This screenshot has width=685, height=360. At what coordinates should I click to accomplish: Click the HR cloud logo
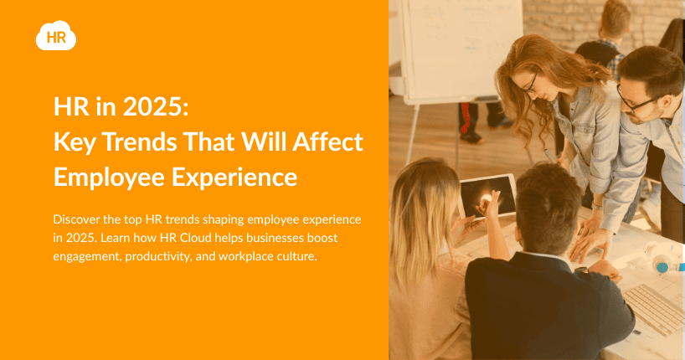coord(56,36)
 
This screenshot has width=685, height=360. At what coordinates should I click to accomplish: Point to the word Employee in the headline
coord(109,177)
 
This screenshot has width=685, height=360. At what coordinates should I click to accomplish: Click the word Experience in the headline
coord(234,177)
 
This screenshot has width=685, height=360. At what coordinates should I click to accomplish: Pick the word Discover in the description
coord(76,219)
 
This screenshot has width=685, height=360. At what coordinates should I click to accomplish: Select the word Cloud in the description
coord(194,238)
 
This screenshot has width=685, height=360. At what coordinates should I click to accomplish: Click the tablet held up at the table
coord(487,197)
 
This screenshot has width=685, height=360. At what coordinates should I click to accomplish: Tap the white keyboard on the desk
coord(653,308)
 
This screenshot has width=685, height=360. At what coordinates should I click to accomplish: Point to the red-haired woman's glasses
coord(529,84)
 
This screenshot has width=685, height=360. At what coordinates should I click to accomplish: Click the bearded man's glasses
coord(636,100)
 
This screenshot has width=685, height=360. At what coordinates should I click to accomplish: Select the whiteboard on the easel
coord(462,49)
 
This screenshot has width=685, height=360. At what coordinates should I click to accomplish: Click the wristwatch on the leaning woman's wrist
coord(597,207)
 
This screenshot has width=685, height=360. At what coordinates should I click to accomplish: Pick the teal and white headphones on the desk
coord(664,257)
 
